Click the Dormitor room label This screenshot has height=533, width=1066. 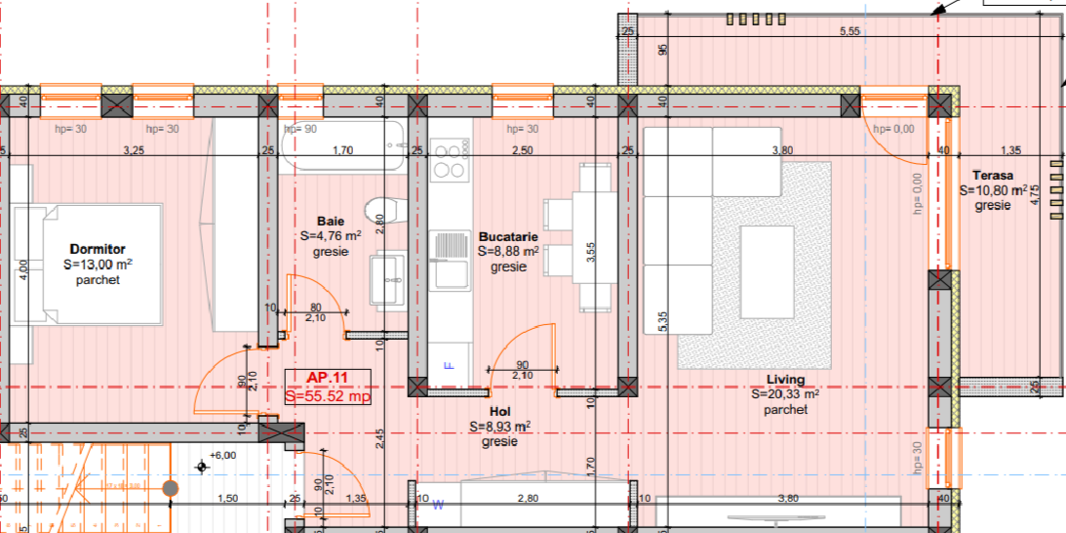point(98,249)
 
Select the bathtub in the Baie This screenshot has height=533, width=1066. point(342,145)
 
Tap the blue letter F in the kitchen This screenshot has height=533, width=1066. point(448,365)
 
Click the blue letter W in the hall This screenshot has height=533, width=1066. point(439,505)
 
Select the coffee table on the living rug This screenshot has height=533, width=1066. point(767,272)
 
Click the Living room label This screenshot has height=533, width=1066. point(786,380)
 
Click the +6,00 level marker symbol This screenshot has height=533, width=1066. point(201,467)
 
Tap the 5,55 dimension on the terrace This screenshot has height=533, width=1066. point(850,31)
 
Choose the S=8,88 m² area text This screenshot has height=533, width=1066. point(508,252)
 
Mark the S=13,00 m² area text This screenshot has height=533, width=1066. point(98,265)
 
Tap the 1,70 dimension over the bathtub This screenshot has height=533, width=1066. point(342,151)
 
